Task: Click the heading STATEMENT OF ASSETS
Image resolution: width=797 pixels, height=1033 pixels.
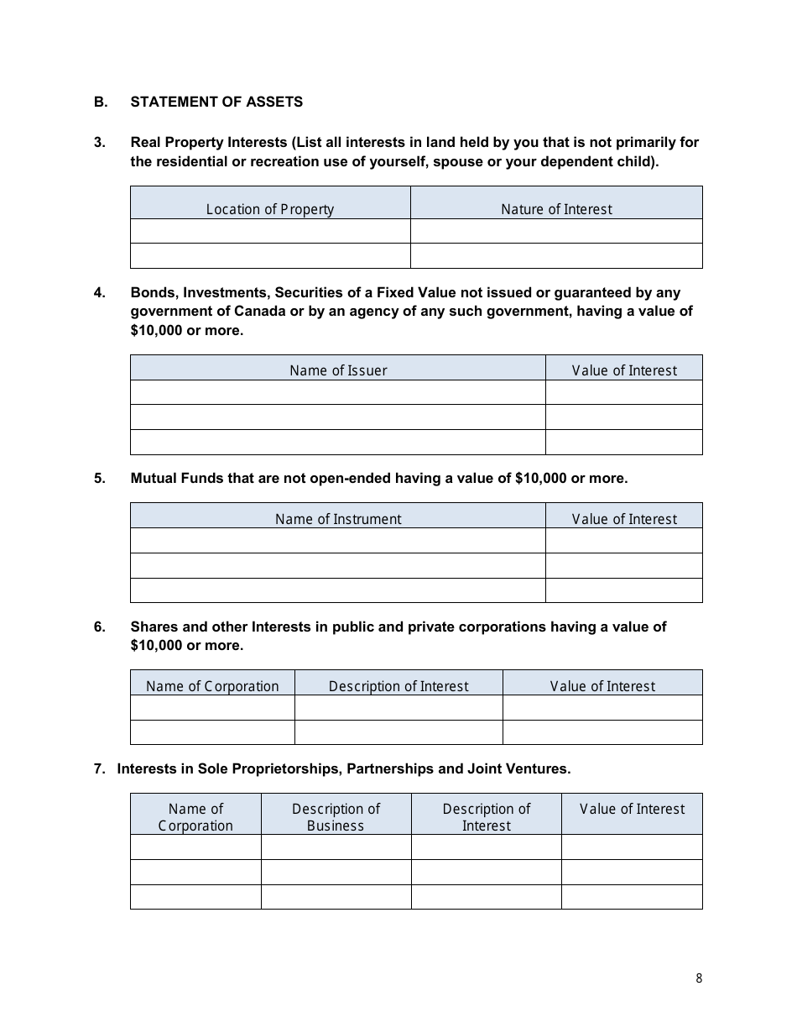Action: click(216, 102)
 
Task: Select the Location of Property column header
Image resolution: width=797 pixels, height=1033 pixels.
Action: click(270, 209)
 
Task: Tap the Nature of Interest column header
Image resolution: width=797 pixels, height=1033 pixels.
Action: click(556, 209)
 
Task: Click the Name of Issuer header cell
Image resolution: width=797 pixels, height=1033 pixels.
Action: click(338, 370)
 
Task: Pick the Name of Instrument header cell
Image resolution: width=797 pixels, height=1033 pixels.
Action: click(338, 519)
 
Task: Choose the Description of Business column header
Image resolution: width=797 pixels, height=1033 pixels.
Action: click(336, 816)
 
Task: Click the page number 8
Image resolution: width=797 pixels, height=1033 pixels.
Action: click(699, 978)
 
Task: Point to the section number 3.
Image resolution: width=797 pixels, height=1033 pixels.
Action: click(100, 142)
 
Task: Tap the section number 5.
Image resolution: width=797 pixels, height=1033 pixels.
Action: click(100, 478)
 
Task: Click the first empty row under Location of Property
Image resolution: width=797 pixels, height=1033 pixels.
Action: click(270, 231)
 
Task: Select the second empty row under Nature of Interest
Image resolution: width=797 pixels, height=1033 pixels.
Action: click(556, 255)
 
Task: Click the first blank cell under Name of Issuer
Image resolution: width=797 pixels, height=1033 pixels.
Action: click(338, 392)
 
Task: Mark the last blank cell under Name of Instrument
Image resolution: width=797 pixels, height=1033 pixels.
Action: click(338, 590)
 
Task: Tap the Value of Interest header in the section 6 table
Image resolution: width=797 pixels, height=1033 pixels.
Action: click(602, 686)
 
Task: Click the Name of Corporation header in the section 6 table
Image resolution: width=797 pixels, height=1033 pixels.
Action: click(212, 686)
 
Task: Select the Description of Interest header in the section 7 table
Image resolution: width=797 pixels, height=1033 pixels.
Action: click(487, 816)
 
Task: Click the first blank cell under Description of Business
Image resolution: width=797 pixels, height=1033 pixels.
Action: click(336, 847)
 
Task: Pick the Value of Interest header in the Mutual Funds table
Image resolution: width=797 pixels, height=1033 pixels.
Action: click(624, 519)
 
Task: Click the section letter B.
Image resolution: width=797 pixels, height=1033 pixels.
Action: click(100, 102)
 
